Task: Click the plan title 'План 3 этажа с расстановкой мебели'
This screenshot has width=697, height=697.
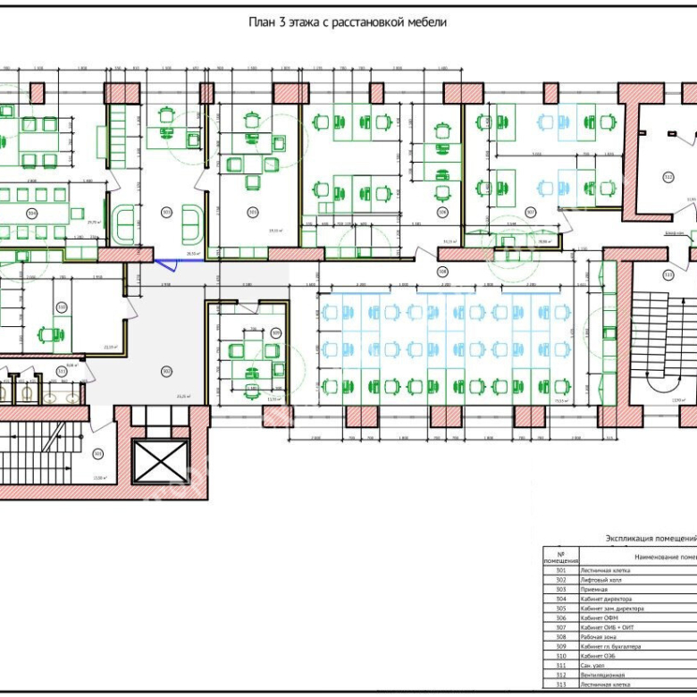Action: [348, 21]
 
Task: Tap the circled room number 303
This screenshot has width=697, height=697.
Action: [166, 213]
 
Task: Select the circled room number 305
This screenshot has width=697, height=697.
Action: [253, 213]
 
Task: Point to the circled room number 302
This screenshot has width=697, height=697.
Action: [166, 372]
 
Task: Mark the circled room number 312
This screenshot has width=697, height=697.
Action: [668, 177]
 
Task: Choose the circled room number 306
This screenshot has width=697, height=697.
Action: [441, 213]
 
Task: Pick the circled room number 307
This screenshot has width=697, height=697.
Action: [530, 213]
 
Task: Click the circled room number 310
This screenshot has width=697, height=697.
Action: [61, 307]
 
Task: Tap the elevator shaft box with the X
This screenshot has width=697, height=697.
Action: [160, 461]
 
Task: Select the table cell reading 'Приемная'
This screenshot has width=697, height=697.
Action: [593, 590]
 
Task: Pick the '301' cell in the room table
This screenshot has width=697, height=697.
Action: [560, 570]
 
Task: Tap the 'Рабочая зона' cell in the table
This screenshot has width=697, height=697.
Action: [599, 637]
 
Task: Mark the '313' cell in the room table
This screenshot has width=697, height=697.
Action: [560, 684]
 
